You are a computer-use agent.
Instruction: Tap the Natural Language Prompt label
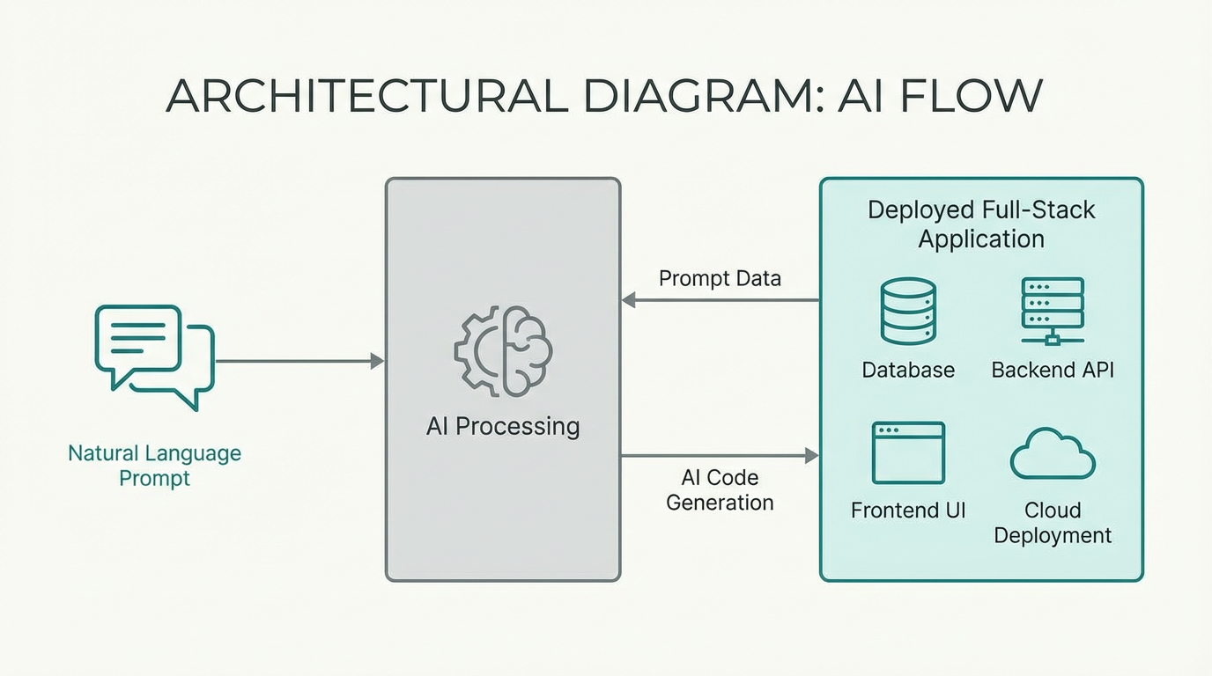pos(154,466)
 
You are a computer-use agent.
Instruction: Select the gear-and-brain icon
pos(503,351)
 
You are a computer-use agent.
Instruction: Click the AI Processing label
pos(503,427)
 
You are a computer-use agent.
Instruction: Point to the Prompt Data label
pos(720,279)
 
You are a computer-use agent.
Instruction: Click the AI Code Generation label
pos(720,490)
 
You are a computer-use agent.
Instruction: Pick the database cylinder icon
pos(908,312)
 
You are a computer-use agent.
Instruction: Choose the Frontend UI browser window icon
pos(908,452)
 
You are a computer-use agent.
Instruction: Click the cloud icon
pos(1053,454)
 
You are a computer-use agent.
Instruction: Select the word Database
pos(908,370)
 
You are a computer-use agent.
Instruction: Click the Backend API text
pos(1053,370)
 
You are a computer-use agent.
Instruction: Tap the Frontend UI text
pos(908,511)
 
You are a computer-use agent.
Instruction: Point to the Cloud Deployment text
pos(1053,523)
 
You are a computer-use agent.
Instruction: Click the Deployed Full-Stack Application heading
pos(981,224)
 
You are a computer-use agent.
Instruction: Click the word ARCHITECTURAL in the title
pos(366,95)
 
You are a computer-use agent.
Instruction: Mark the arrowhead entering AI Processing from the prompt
pos(378,361)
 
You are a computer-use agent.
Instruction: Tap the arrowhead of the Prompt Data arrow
pos(629,300)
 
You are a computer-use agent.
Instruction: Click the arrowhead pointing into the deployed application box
pos(811,455)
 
